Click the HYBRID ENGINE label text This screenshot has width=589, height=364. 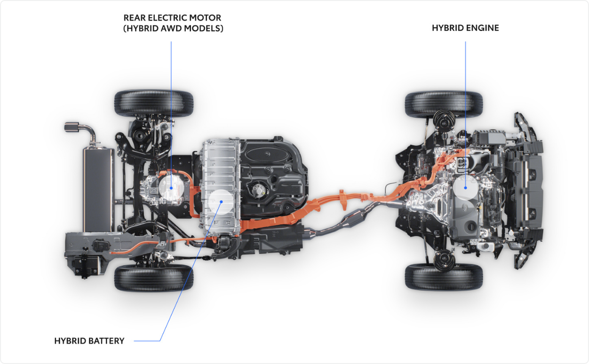point(465,28)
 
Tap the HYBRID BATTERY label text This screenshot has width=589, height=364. point(89,341)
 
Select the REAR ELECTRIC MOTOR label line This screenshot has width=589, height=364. point(171,115)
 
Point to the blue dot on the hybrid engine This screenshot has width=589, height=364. point(465,188)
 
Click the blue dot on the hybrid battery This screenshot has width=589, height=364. point(222,202)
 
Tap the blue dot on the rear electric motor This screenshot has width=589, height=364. point(171,188)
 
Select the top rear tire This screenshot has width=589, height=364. point(154,103)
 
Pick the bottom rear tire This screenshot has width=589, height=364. point(154,277)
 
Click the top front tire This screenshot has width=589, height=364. point(444,104)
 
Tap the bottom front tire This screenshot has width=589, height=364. point(444,277)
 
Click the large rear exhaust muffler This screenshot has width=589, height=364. point(99,190)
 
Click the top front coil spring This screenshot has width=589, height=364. point(444,120)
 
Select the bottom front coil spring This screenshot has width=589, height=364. point(444,260)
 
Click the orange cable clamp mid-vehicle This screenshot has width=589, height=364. point(342,199)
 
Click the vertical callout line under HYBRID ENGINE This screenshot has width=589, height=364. point(465,114)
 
